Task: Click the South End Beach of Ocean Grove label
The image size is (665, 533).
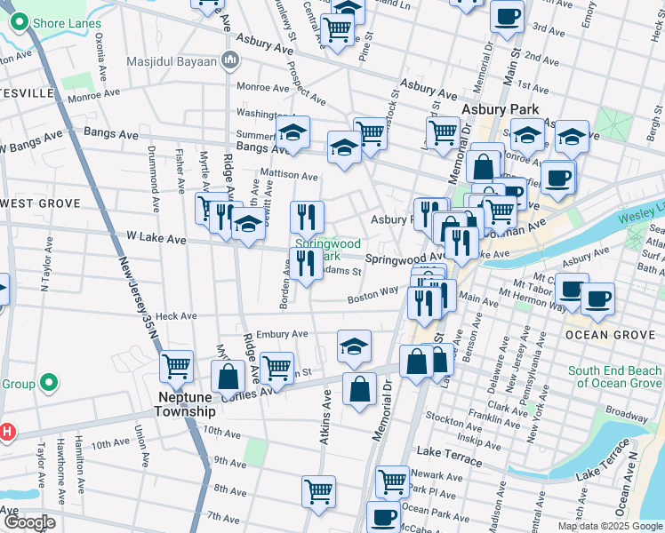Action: click(x=615, y=377)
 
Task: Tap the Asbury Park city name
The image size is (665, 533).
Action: click(x=501, y=109)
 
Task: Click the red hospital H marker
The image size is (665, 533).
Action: click(x=7, y=433)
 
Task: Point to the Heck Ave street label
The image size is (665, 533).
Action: click(x=175, y=316)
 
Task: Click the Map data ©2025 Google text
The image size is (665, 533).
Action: click(x=610, y=526)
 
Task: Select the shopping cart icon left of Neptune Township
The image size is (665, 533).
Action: click(x=176, y=365)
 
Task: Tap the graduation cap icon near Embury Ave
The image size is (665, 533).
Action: click(x=354, y=346)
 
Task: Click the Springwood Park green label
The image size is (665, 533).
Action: click(x=327, y=249)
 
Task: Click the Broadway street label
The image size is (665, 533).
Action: click(x=627, y=415)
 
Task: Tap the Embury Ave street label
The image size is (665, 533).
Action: click(x=281, y=334)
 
